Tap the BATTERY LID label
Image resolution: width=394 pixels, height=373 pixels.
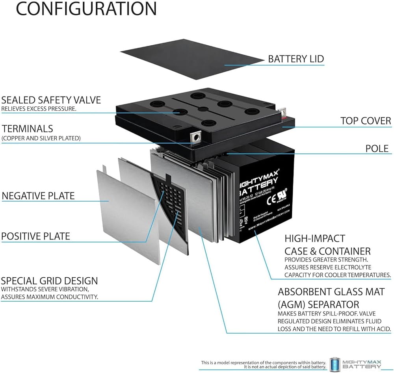[295, 59]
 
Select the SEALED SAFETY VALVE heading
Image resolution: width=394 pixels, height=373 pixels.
[51, 100]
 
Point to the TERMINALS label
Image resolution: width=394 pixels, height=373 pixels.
[27, 128]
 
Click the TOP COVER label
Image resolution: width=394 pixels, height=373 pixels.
[366, 121]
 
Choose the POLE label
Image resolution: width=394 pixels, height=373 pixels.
[377, 148]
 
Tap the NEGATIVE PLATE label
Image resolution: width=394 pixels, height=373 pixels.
[38, 196]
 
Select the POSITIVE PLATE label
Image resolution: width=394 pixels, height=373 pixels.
[35, 236]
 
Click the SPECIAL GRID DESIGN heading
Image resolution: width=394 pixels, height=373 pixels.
[49, 281]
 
